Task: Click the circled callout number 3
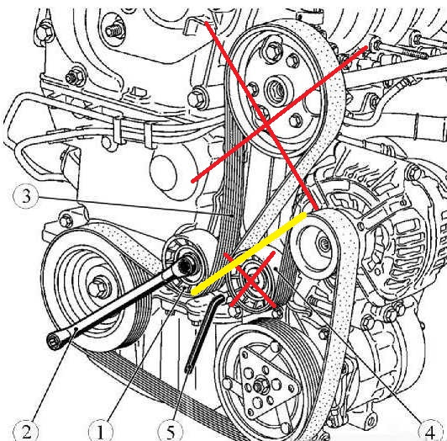tap(26, 196)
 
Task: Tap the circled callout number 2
tap(26, 431)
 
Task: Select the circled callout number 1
tap(100, 431)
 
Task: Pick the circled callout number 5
tap(171, 431)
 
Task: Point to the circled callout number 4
tap(430, 431)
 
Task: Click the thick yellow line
tap(250, 253)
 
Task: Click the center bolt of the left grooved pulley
tap(97, 286)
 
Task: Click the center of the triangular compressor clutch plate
tap(260, 387)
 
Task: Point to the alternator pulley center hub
tap(323, 244)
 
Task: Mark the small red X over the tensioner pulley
tap(250, 279)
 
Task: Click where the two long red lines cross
tap(266, 125)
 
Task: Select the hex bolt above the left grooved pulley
tap(66, 220)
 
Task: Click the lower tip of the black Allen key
tap(189, 369)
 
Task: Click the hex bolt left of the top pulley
tap(197, 98)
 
